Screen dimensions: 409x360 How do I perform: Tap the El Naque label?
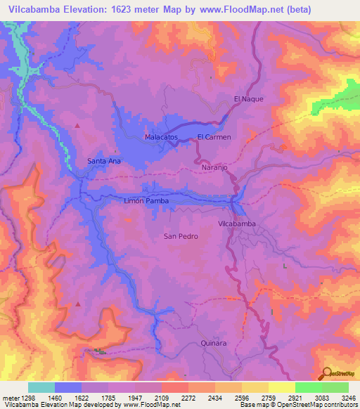tap(248, 99)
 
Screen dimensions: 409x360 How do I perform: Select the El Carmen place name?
tap(214, 137)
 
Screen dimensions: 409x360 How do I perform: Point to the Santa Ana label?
tap(104, 161)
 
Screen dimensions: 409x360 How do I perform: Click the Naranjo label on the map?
tap(215, 169)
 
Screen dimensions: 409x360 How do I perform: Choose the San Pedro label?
tap(181, 236)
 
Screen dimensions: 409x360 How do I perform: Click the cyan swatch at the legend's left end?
tap(41, 387)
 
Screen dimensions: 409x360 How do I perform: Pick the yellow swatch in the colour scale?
tap(282, 387)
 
